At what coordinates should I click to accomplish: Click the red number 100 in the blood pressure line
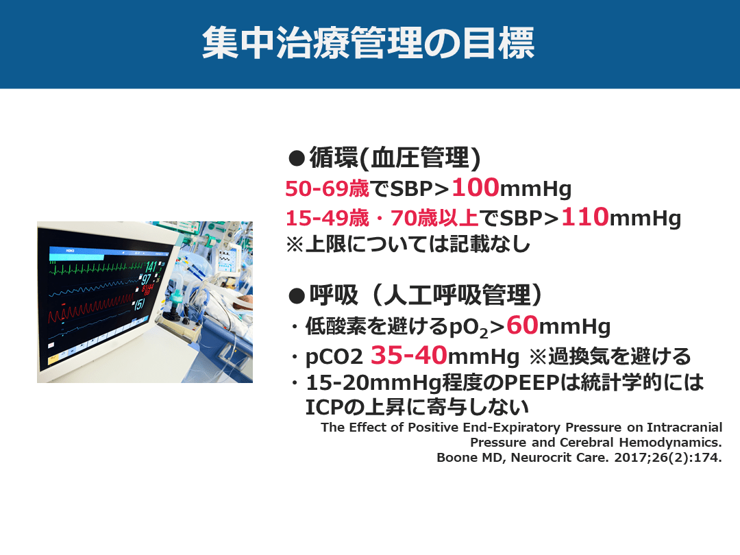(x=476, y=187)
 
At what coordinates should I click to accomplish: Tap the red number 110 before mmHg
(x=584, y=217)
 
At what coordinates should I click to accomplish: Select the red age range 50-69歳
(x=327, y=189)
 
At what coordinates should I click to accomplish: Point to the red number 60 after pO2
(x=522, y=325)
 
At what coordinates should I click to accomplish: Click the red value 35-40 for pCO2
(x=408, y=356)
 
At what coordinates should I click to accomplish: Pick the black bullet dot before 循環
(x=297, y=158)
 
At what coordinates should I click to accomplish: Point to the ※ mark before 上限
(x=295, y=245)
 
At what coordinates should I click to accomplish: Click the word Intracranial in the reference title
(x=684, y=427)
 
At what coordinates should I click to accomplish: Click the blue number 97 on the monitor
(x=146, y=280)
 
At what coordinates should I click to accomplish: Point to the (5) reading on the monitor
(x=139, y=304)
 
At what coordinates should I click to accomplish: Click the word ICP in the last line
(x=322, y=407)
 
